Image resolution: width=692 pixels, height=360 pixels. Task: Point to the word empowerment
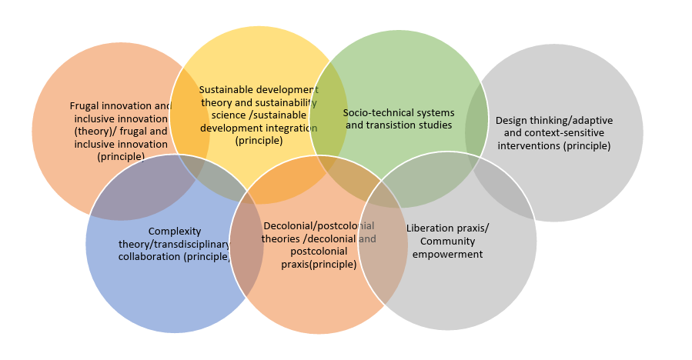[447, 254]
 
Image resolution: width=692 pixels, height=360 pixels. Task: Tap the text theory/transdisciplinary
[174, 244]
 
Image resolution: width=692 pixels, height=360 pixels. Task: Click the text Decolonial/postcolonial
[319, 226]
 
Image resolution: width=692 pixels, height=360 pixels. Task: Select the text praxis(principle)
[318, 264]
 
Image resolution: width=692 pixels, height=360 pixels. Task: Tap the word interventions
[528, 145]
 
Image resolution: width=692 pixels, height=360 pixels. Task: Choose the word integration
[290, 128]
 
